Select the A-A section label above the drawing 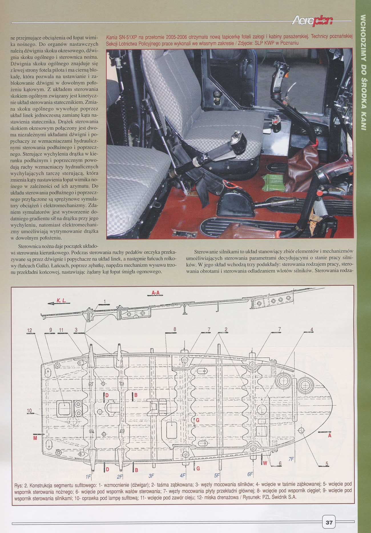pos(156,293)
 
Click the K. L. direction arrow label pos(61,300)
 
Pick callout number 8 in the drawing pos(174,329)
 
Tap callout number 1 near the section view pos(104,301)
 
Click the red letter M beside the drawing pos(35,438)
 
